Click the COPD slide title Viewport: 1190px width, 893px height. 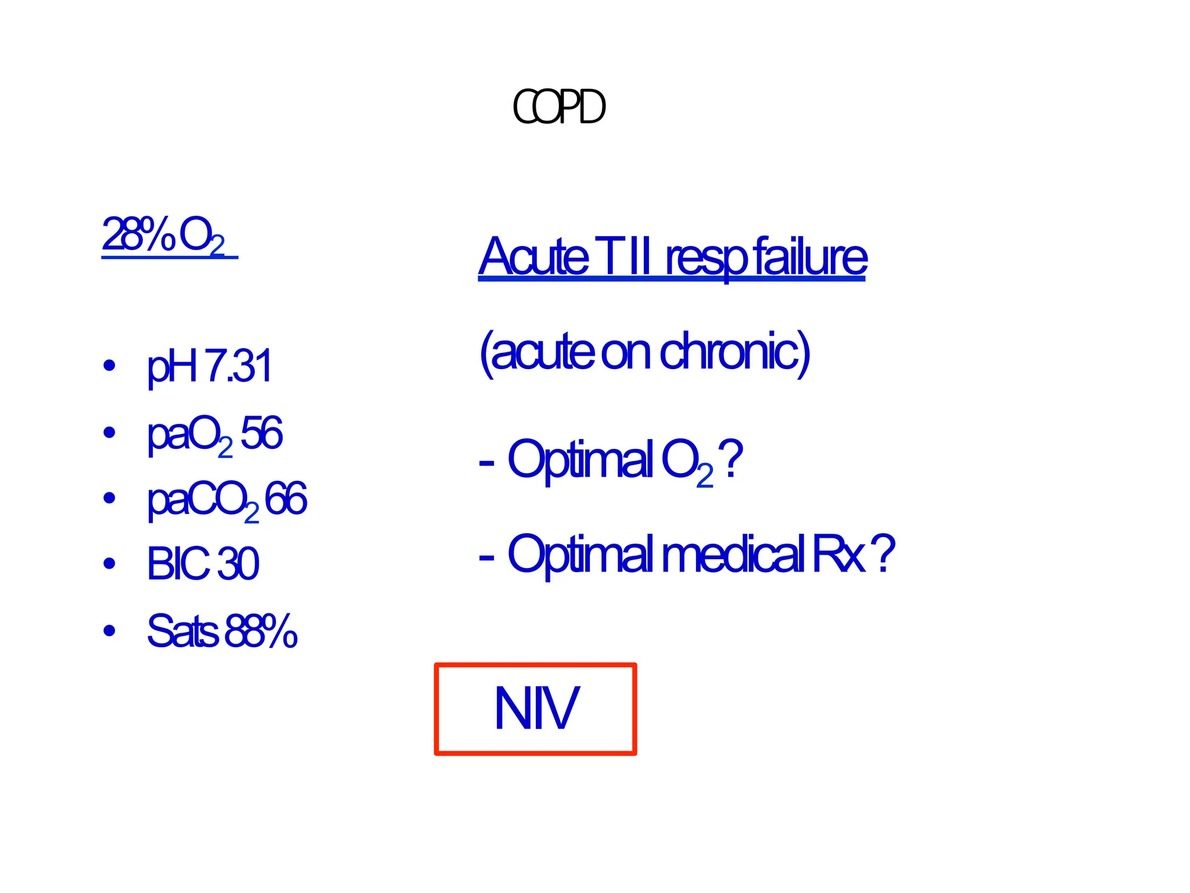pos(559,108)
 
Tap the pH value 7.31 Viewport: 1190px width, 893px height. pos(238,366)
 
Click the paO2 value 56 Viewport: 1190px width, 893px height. pos(261,433)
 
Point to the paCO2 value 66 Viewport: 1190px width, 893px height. pos(285,499)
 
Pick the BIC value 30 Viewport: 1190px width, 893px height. pos(238,563)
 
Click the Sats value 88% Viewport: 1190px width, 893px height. pos(261,630)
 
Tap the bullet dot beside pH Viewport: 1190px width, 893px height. pos(109,366)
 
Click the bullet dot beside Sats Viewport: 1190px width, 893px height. pos(109,630)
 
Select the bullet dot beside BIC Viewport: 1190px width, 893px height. pos(109,563)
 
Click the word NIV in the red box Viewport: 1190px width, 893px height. pos(536,708)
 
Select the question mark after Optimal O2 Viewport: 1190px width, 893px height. pos(730,459)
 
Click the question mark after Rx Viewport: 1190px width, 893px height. pos(883,553)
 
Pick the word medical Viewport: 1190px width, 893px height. pos(733,553)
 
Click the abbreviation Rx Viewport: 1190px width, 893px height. pos(838,553)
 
